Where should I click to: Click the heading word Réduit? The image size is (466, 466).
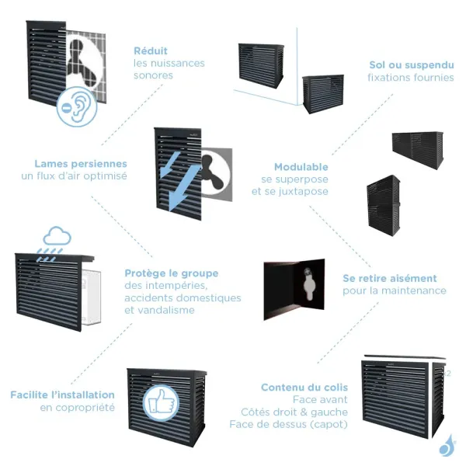tap(151, 50)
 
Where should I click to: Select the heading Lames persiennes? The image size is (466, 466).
tap(81, 164)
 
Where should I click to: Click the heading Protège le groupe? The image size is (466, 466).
tap(172, 273)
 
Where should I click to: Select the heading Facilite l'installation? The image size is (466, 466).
tap(62, 395)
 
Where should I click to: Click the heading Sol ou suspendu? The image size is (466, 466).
tap(411, 65)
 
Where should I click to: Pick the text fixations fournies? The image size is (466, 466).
tap(411, 78)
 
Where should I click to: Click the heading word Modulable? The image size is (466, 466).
tap(301, 167)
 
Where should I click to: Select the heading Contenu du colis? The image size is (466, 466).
tap(304, 387)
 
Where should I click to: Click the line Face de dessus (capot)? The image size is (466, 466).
tap(289, 424)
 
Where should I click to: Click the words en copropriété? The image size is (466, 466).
tap(78, 407)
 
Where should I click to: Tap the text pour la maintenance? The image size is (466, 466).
tap(395, 290)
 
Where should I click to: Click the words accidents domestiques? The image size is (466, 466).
tap(183, 297)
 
